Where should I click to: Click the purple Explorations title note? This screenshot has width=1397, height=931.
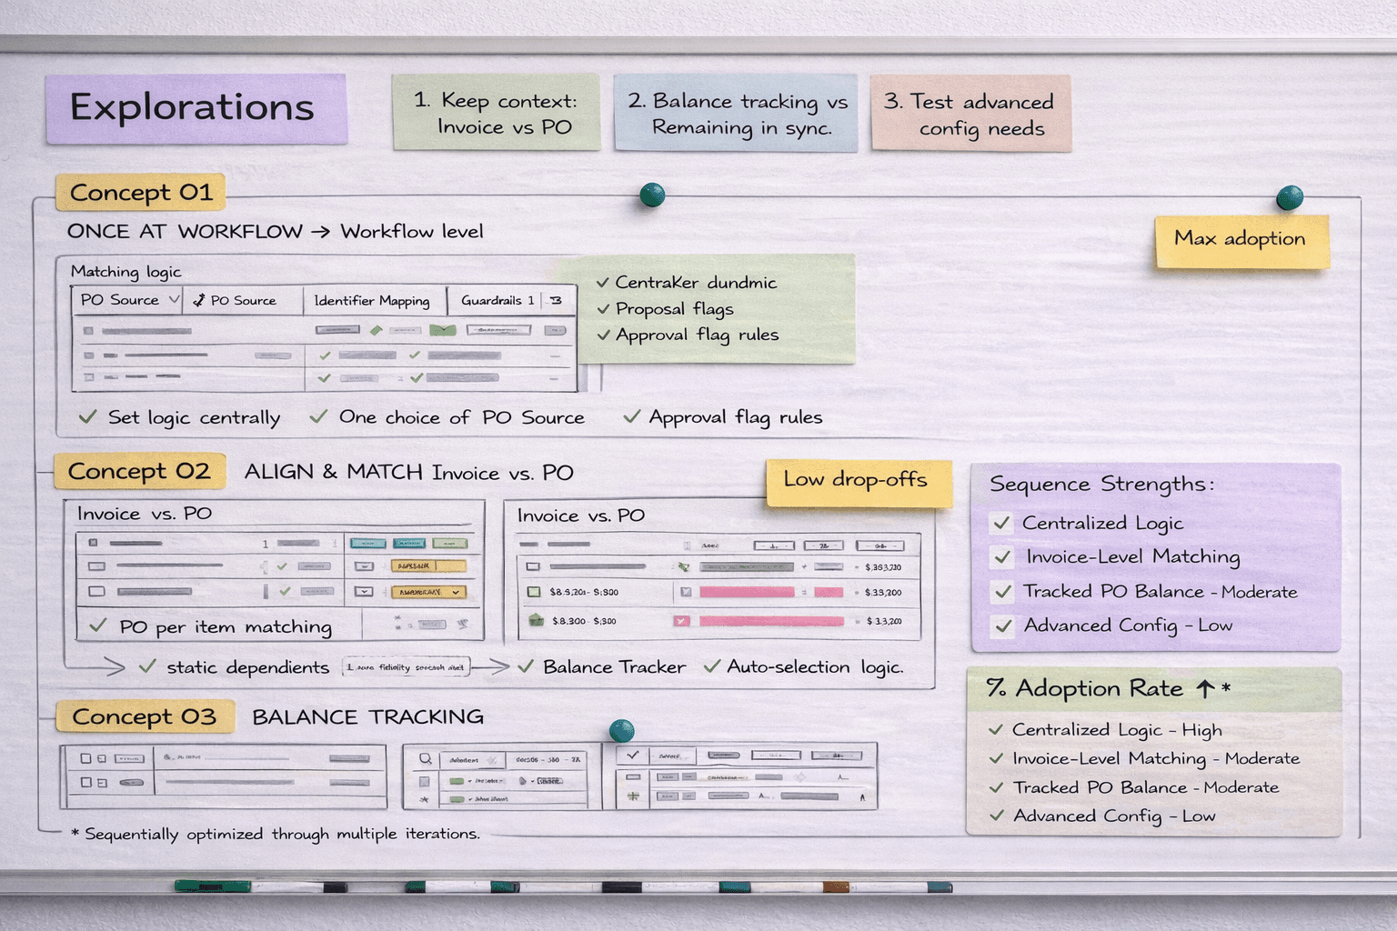coord(196,108)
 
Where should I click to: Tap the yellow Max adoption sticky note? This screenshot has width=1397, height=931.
coord(1241,240)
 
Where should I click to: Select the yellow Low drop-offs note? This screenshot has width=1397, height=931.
coord(857,481)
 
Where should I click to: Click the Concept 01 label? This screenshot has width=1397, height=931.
coord(141,193)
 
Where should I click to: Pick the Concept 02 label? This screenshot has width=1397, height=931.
coord(139,472)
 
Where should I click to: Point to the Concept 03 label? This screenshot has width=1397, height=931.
coord(144,717)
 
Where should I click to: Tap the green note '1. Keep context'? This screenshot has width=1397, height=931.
coord(496,113)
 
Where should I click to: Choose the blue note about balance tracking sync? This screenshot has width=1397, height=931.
coord(737,114)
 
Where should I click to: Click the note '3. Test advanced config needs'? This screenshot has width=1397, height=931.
coord(970,115)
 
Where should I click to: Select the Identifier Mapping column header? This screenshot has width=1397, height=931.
coord(372,301)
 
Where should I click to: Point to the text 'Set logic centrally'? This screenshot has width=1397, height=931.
coord(194,418)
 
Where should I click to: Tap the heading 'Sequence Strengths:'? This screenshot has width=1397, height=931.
coord(1101,485)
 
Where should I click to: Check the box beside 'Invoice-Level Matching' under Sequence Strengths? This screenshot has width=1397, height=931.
coord(1003,557)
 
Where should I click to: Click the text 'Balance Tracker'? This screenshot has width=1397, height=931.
coord(614,667)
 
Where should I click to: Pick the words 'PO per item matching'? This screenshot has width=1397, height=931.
coord(226,627)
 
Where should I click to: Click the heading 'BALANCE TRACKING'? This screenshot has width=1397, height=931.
coord(367,717)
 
